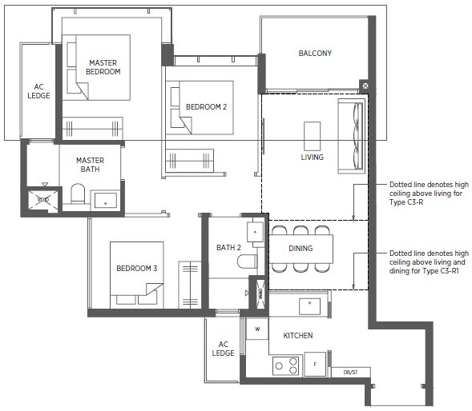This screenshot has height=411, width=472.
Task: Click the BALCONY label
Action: (315, 54)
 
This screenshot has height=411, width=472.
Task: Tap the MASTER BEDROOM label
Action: (103, 67)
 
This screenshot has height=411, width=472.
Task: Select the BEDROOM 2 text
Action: (206, 107)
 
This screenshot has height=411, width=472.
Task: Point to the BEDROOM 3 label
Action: (137, 269)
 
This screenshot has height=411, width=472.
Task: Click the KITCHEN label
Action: (298, 336)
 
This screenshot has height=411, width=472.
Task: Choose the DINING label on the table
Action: (301, 249)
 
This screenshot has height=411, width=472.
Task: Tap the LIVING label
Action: (313, 158)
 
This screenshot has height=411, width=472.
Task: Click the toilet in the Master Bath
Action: (78, 194)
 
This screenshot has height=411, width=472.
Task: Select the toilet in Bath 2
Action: (247, 261)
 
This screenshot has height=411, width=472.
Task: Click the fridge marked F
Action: (315, 364)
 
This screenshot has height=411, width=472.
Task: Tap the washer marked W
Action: (257, 329)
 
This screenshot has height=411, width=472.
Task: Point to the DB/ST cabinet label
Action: (350, 373)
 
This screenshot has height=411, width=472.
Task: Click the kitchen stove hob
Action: (285, 366)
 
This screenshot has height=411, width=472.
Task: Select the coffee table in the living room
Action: (313, 136)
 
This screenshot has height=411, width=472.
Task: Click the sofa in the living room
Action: (352, 136)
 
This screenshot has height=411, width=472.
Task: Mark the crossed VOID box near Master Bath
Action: (43, 199)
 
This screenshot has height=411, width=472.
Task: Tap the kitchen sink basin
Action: (309, 306)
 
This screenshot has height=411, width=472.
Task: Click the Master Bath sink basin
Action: (105, 201)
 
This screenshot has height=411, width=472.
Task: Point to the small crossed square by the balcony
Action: (365, 86)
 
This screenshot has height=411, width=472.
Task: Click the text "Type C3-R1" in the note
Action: (439, 271)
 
